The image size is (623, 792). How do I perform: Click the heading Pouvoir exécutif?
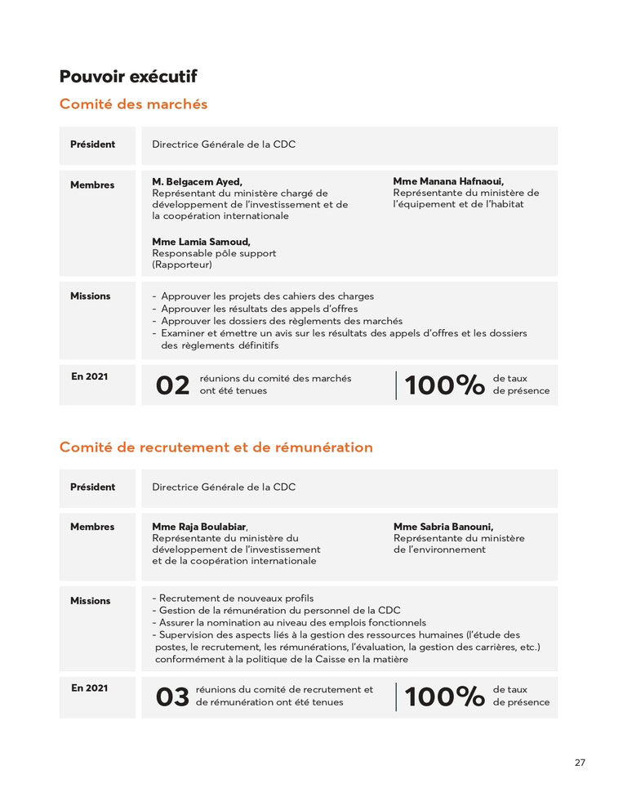[128, 77]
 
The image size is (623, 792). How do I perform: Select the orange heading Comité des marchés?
[133, 105]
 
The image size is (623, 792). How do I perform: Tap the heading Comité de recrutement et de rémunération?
[216, 447]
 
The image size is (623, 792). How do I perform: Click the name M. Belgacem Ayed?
[197, 181]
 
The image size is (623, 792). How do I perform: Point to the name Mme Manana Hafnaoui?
[448, 181]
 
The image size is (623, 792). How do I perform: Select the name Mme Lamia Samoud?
[201, 242]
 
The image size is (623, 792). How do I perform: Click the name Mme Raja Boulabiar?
[199, 527]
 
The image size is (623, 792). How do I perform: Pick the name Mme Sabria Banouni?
[443, 527]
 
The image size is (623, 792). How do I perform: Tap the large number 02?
[172, 385]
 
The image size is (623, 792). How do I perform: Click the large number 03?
[172, 696]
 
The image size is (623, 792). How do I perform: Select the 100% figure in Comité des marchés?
[444, 385]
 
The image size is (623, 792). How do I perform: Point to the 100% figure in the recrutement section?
[444, 696]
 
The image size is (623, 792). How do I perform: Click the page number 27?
[580, 763]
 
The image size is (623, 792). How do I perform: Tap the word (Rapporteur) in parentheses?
[182, 265]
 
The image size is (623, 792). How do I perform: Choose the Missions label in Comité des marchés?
[90, 296]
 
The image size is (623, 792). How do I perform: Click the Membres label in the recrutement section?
[92, 527]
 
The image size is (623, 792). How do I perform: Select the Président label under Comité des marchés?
[92, 145]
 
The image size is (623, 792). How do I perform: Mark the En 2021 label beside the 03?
[89, 688]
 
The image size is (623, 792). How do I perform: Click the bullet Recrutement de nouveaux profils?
[236, 598]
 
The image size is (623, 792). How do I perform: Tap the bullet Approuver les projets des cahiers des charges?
[267, 296]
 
